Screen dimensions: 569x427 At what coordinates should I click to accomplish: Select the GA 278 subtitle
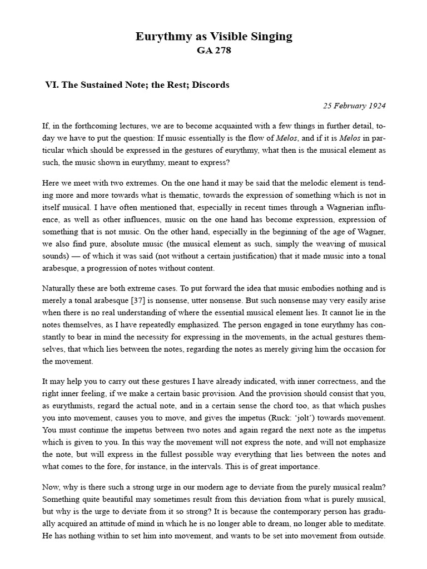point(213,51)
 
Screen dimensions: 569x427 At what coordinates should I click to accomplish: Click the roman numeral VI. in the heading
point(52,85)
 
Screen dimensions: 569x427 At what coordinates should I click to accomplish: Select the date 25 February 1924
point(354,106)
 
